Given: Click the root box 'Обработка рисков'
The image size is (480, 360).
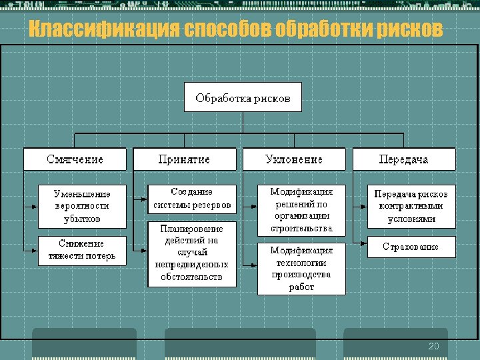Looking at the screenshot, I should [x=243, y=97].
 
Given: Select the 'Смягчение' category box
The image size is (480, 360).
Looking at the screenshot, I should [x=75, y=159].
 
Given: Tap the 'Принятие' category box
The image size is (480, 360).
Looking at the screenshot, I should [x=184, y=159].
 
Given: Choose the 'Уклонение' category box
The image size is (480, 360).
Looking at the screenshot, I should [x=294, y=159].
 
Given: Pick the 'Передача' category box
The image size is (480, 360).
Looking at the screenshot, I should [x=403, y=159].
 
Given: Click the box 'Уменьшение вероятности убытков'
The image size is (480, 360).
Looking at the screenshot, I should [x=82, y=205].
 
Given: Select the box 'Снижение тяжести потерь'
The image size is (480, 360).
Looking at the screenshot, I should [x=82, y=250].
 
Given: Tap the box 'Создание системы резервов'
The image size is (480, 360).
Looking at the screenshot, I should [x=192, y=198].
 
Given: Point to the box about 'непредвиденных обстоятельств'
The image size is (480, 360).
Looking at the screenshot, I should [x=192, y=253].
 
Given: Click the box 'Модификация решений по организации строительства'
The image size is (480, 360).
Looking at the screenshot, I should [x=301, y=210].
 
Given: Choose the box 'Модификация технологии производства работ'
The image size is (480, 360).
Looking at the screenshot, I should [x=301, y=269].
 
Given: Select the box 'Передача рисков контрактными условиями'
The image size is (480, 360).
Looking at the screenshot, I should [x=411, y=206].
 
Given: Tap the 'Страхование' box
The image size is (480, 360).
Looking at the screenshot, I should [x=411, y=247].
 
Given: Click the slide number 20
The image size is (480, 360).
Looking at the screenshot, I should [x=434, y=346].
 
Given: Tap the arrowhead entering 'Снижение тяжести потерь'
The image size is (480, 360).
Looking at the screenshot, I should [x=35, y=250].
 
